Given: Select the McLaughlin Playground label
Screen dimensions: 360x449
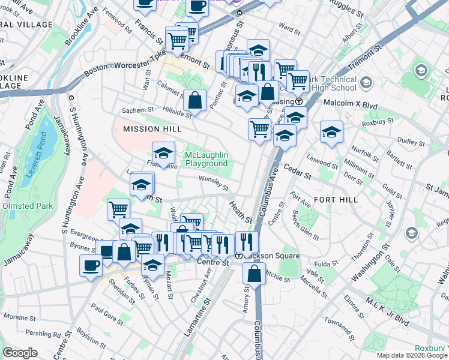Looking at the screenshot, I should pyautogui.click(x=206, y=159).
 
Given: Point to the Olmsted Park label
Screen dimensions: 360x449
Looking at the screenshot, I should pyautogui.click(x=28, y=206).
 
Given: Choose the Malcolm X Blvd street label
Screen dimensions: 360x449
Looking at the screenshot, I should pyautogui.click(x=351, y=104).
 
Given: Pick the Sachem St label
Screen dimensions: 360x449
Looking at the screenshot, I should pyautogui.click(x=138, y=110).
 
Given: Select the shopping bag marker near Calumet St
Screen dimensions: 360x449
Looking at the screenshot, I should pyautogui.click(x=195, y=100).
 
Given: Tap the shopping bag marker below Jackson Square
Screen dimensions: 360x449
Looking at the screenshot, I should pyautogui.click(x=255, y=273).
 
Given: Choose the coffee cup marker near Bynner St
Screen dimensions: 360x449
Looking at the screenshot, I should pyautogui.click(x=91, y=265).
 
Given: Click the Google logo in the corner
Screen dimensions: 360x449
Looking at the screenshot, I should pyautogui.click(x=20, y=353).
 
